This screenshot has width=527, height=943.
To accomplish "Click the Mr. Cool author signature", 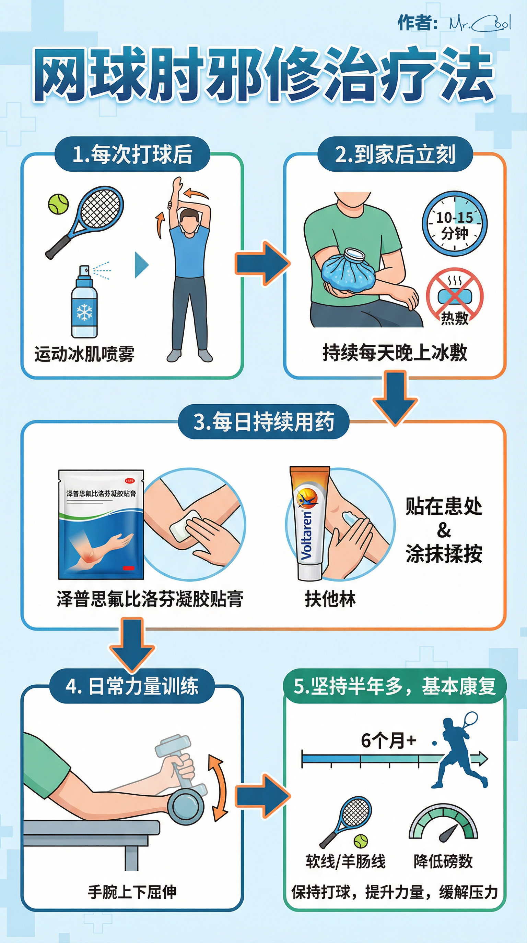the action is tap(480, 23).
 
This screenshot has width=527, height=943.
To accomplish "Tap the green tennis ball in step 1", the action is tap(58, 204).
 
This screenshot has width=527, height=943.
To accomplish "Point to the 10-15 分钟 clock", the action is tap(455, 224).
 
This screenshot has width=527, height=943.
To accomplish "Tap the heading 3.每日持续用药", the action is tap(263, 421).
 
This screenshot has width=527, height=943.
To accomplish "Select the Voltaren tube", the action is tap(310, 523).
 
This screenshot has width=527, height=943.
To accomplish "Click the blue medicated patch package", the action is tap(101, 525).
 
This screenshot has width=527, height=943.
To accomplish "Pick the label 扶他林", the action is tap(330, 599).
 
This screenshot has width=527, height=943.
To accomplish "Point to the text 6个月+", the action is tap(388, 740).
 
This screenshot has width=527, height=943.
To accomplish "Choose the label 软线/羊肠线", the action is tap(346, 862).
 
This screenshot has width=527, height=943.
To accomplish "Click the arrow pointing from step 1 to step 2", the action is tap(262, 263).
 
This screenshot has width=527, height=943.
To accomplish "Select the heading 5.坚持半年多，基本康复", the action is tap(395, 686).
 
